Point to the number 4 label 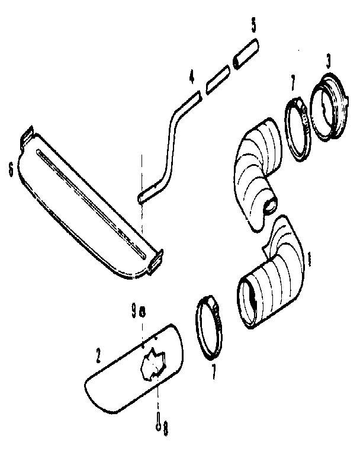coord(191,78)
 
